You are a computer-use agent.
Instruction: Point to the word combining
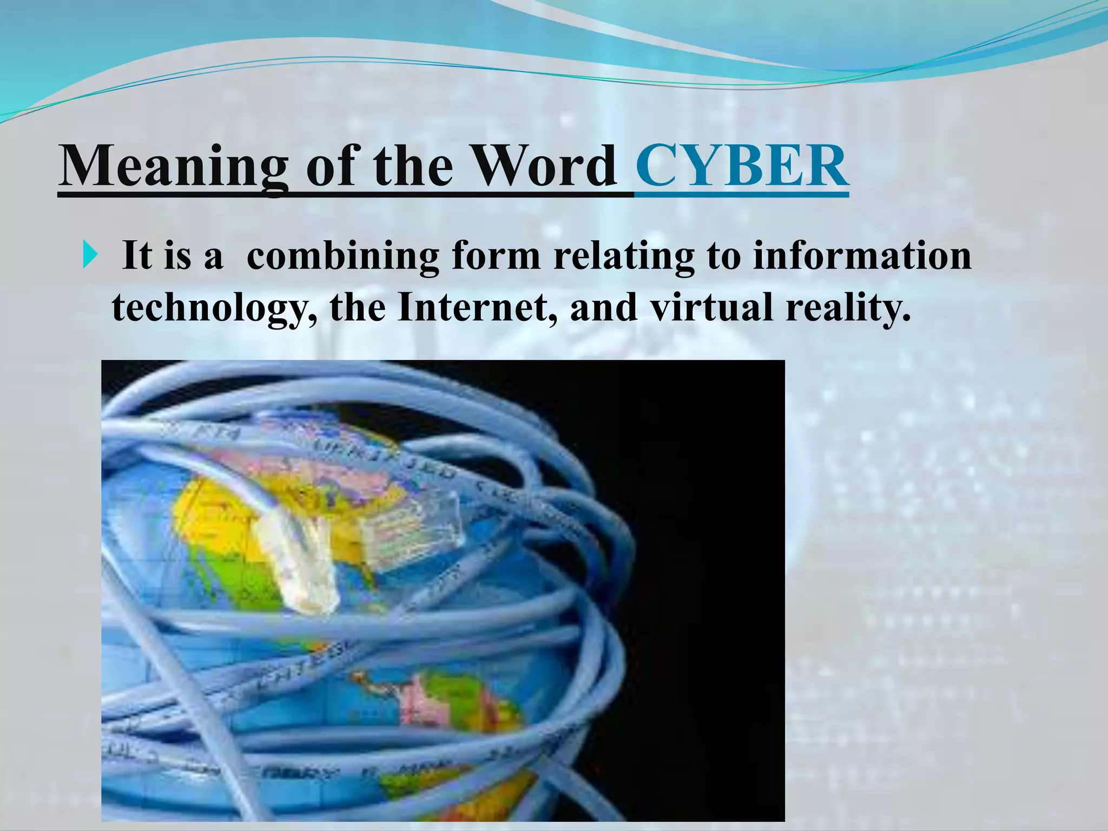pyautogui.click(x=342, y=255)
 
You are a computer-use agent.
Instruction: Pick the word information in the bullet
pyautogui.click(x=862, y=255)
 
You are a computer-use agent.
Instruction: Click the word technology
pyautogui.click(x=214, y=308)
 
